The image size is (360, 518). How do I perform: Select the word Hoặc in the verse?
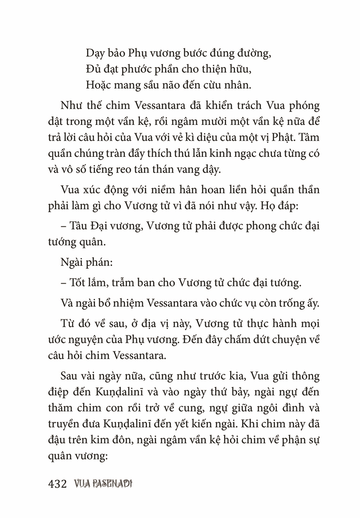pos(97,85)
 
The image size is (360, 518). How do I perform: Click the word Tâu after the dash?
pos(78,226)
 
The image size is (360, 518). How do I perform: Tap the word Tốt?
pos(77,283)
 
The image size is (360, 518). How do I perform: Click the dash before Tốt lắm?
pos(63,283)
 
